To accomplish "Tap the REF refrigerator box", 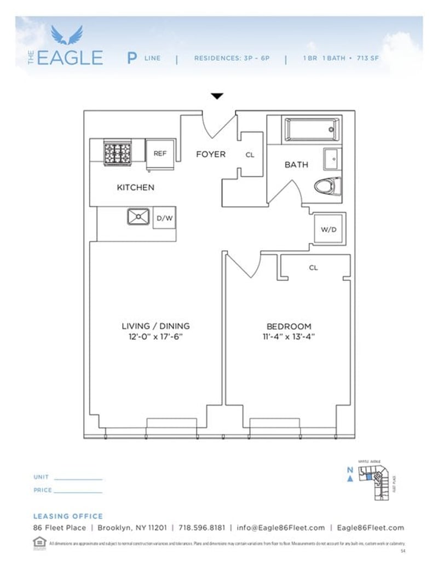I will coord(160,154).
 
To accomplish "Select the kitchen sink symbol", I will coord(139,217).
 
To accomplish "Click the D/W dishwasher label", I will coord(164,218).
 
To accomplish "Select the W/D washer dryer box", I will coord(328,229).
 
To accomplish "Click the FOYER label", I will coord(211,154).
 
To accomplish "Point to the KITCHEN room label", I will coord(135,187).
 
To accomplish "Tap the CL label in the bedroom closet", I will coord(313,268).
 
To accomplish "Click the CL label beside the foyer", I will coord(250,155).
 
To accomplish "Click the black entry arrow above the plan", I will coord(217,96).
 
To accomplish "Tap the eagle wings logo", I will coord(67,35).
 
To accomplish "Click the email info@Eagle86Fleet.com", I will coord(281,528).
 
